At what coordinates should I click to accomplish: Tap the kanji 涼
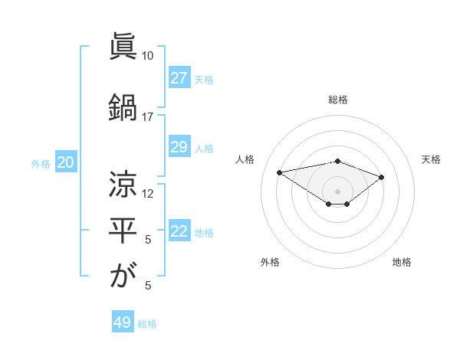pos(123,184)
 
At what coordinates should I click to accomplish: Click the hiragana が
pos(123,276)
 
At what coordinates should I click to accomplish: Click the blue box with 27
pos(179,78)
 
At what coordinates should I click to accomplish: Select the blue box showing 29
pos(179,147)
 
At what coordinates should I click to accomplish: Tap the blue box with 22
pos(179,231)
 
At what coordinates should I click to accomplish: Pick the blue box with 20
pos(65,162)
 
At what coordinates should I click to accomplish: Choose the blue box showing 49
pos(123,322)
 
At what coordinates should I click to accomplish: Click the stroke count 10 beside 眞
pos(147,56)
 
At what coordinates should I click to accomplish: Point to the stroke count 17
pos(147,117)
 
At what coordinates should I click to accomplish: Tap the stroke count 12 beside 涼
pos(147,194)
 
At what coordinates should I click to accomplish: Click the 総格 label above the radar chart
pos(337,100)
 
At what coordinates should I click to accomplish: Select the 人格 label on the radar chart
pos(245,159)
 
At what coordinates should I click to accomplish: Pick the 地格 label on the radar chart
pos(402,262)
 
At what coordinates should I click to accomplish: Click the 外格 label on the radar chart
pos(270,262)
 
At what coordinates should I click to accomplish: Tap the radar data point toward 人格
pos(280,172)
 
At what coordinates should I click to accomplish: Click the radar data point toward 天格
pos(381,177)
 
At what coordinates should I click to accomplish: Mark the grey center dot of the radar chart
pos(337,191)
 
